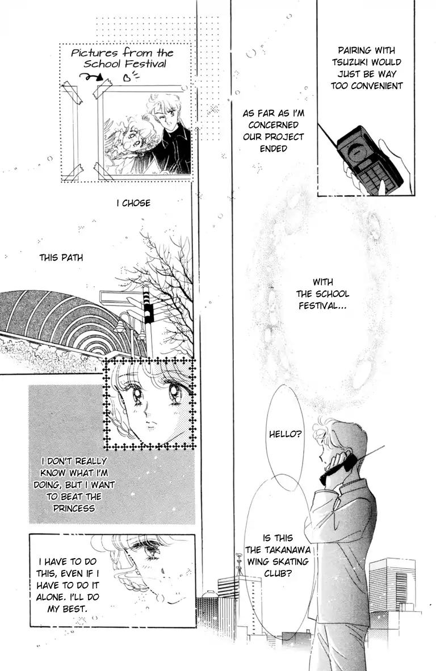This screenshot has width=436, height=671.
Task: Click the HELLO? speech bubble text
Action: [x=286, y=434]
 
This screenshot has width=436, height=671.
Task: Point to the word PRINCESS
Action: [x=74, y=509]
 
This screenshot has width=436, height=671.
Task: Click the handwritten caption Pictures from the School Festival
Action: [x=123, y=58]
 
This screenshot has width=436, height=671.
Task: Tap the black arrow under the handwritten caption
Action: [x=91, y=77]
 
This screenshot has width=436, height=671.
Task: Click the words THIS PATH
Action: [x=61, y=258]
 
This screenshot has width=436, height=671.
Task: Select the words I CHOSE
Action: [x=133, y=203]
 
